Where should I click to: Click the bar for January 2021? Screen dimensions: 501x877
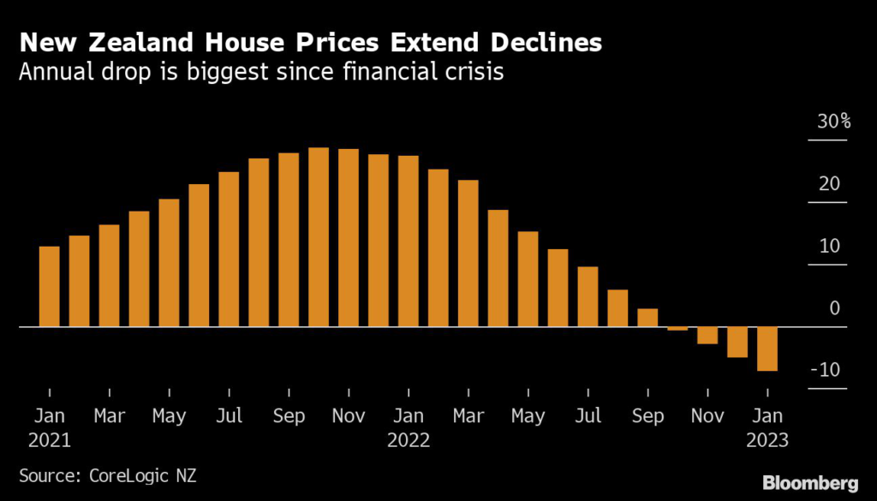coord(50,287)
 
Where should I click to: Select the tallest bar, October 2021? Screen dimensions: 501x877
coord(319,237)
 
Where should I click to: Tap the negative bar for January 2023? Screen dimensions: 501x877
coord(767,349)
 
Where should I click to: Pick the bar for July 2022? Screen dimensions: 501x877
coord(588,296)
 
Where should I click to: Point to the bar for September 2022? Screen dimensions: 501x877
coord(647,318)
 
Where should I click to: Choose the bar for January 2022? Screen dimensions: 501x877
coord(409,242)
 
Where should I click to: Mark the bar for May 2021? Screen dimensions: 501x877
coord(170,263)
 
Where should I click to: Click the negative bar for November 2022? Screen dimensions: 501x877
coord(707,336)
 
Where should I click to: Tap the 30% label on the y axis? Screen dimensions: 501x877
coord(833,122)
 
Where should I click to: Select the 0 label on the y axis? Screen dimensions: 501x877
coord(835,308)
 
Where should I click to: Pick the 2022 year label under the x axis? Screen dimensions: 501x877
coord(409,442)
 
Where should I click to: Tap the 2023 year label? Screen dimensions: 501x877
coord(767,442)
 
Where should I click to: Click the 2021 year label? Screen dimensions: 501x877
coord(50,442)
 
